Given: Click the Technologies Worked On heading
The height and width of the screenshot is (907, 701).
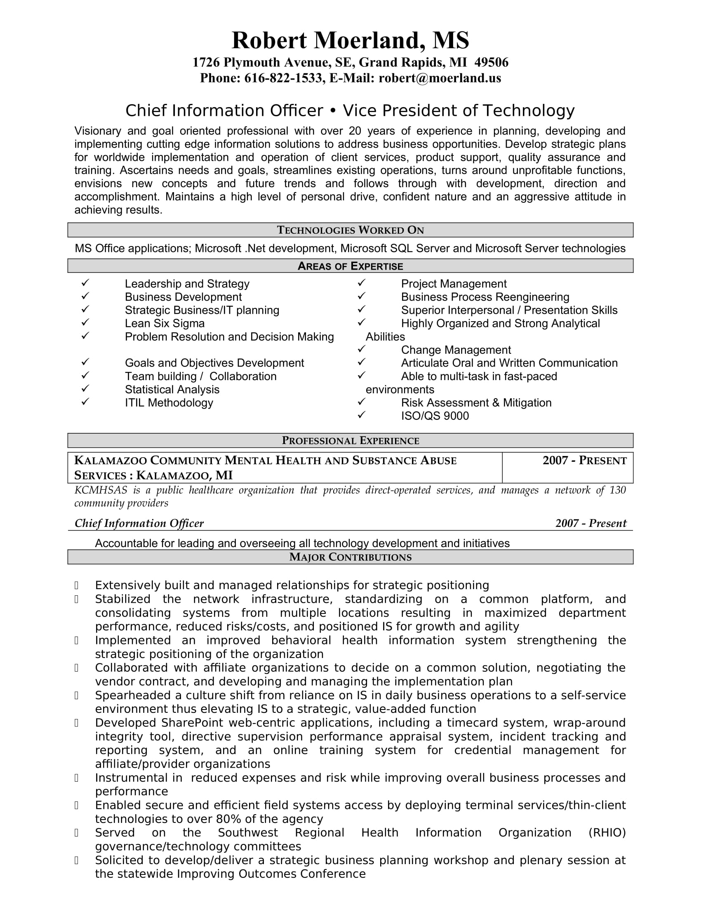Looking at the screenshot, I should pos(350,230).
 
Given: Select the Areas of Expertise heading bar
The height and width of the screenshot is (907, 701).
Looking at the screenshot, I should pos(350,266).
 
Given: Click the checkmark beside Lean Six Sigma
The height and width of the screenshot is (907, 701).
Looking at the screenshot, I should pos(85,323).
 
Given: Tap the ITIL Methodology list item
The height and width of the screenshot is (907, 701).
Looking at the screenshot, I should pos(169,403).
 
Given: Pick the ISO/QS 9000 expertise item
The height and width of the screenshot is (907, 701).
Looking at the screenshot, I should pos(434,416).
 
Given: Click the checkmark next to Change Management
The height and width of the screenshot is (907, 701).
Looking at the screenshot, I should pos(361,349).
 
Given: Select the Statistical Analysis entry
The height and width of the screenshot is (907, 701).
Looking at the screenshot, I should pos(172,390).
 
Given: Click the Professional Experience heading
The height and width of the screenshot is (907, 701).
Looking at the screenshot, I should pos(350,441).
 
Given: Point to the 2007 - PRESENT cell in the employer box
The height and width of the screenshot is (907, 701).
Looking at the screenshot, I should pos(584,461).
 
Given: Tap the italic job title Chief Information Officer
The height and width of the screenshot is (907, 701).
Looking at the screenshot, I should pos(139,523).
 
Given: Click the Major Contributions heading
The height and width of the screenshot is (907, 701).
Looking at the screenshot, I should pos(350,557).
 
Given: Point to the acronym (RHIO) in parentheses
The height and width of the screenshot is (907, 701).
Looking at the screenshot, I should pos(607,833).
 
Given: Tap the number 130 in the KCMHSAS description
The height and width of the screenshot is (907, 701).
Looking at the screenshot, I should pos(617,490).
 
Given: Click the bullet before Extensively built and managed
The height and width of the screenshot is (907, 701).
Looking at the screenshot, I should pos(76,585).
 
